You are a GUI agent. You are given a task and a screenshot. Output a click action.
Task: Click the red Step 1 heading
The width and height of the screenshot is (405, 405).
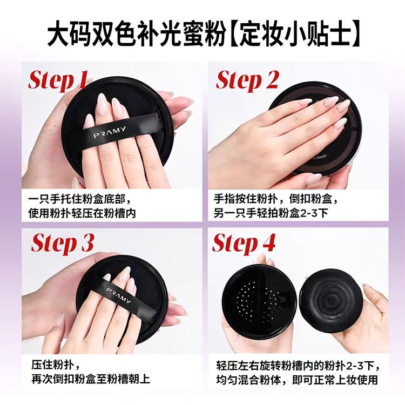(58, 80)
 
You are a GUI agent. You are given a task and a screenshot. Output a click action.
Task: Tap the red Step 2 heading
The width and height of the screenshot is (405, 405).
(247, 80)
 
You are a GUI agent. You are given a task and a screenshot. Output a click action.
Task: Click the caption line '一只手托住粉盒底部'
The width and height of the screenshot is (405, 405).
(79, 198)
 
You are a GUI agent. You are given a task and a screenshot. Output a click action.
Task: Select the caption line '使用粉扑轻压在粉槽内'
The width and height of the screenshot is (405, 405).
(82, 213)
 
